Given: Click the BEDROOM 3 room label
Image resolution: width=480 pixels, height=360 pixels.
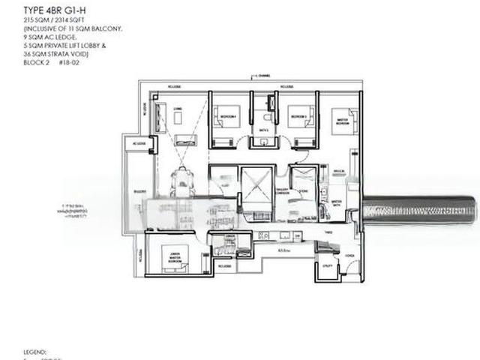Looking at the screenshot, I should coord(299,117).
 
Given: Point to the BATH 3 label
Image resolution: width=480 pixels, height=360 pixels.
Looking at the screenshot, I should coord(263,130).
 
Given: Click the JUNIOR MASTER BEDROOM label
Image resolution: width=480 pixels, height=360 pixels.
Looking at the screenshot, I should coord(175,257).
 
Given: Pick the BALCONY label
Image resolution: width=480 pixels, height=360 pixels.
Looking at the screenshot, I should coord(139,190).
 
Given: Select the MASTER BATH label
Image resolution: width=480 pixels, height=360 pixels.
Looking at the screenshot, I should coord(337,202).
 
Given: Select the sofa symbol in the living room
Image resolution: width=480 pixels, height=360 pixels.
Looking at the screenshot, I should coord(184,139).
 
